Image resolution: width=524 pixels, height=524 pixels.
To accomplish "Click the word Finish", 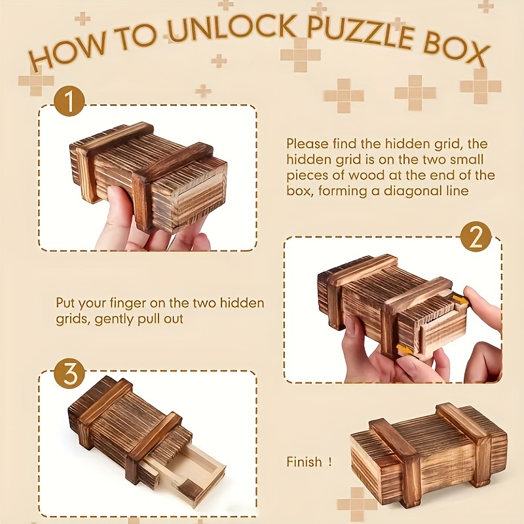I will pyautogui.click(x=305, y=462).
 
